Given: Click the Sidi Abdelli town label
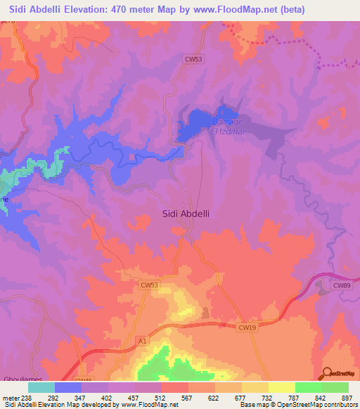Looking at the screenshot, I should [186, 214].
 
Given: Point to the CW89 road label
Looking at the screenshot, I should [341, 285].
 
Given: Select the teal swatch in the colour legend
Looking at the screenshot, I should [41, 387].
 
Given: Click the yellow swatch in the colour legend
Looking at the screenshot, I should [281, 387].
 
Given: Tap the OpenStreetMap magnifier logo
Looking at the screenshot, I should [326, 374].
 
